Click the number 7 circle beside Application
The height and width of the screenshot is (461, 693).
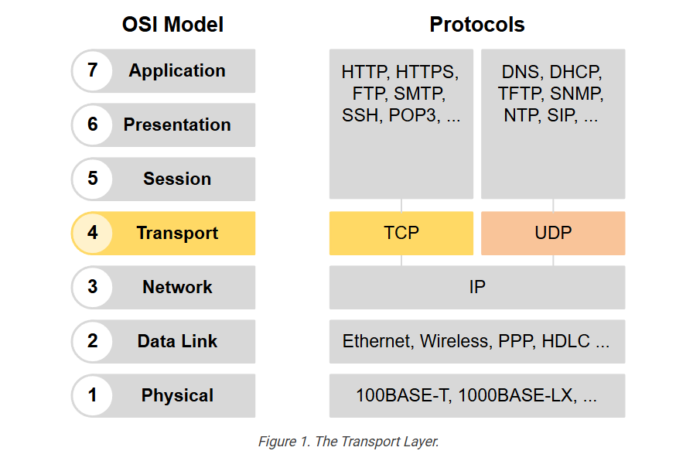[x=92, y=70]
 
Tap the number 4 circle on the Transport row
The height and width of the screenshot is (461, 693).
[x=92, y=233]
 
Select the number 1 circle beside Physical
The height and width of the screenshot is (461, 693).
[x=92, y=395]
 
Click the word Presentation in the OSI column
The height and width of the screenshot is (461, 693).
[x=177, y=125]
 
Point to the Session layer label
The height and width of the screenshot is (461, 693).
[x=177, y=179]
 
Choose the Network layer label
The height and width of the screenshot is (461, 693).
[x=177, y=287]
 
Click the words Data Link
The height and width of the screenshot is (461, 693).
[x=177, y=341]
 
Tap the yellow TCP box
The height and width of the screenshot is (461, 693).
[x=401, y=233]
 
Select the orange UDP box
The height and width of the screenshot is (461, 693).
[x=553, y=233]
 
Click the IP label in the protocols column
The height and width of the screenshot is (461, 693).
[x=477, y=287]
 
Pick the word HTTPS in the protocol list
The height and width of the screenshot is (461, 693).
[x=427, y=72]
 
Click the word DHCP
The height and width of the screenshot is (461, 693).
[x=575, y=72]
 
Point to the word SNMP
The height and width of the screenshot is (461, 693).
[x=577, y=94]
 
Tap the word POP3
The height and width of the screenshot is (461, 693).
[x=414, y=115]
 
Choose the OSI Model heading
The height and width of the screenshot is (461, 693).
[x=172, y=24]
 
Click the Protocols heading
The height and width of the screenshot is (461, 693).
[x=477, y=24]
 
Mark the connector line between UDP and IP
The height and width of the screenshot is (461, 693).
[x=553, y=261]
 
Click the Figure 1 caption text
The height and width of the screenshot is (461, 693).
[x=348, y=442]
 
